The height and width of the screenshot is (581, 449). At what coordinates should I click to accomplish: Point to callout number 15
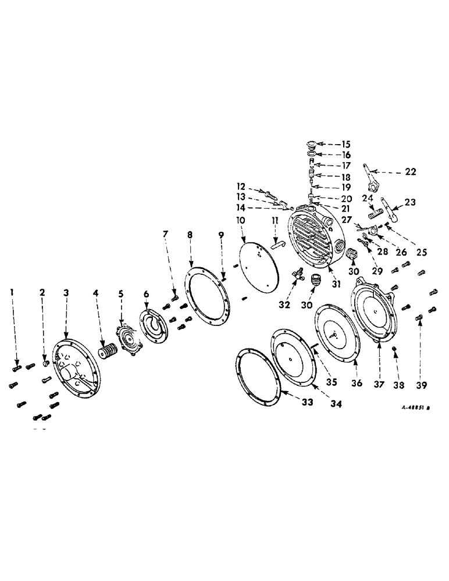346,144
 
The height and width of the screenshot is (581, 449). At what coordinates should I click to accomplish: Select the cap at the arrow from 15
312,144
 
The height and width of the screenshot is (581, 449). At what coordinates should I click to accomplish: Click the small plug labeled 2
44,364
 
